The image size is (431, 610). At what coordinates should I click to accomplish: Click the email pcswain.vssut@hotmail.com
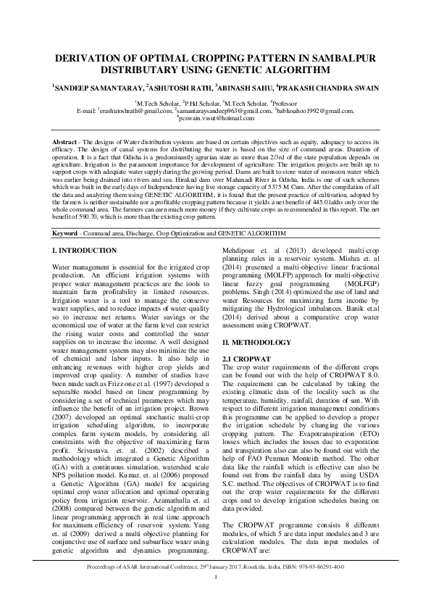[217, 117]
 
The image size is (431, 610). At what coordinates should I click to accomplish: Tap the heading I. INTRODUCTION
[85, 230]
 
